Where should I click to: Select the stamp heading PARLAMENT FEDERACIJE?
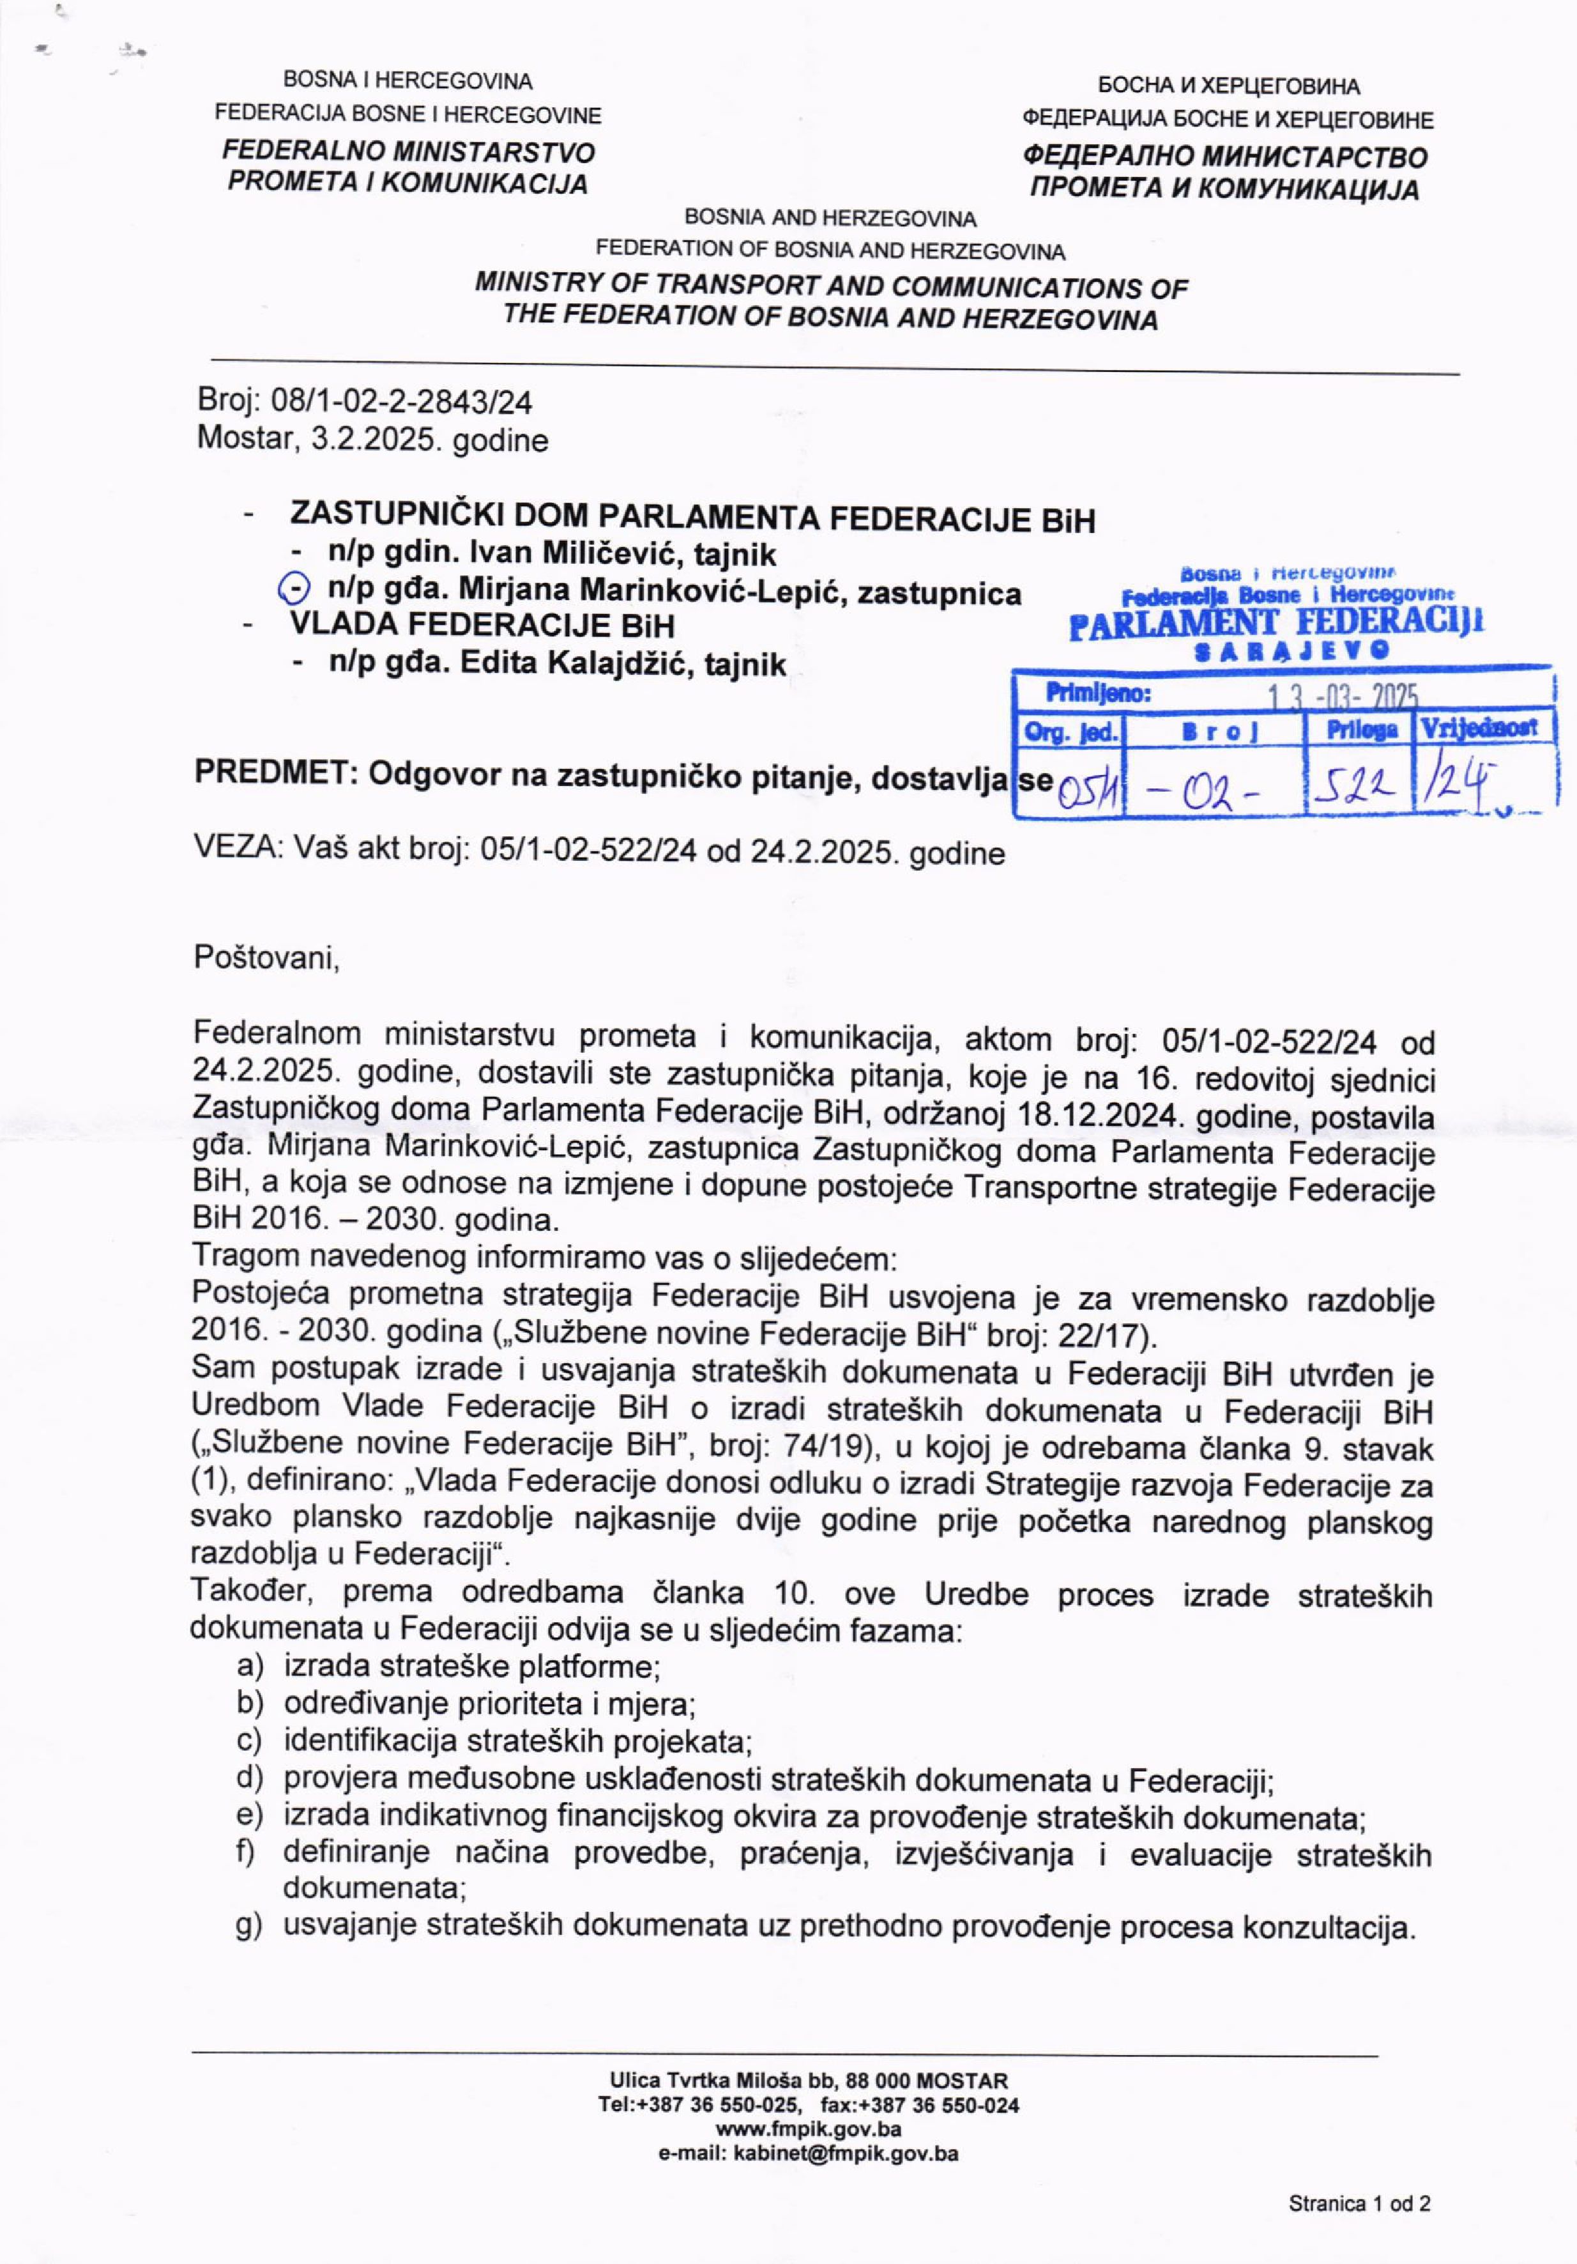[x=1276, y=622]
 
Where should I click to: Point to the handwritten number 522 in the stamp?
[x=1356, y=784]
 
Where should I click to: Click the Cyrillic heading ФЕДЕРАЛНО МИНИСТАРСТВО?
[x=1225, y=157]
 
